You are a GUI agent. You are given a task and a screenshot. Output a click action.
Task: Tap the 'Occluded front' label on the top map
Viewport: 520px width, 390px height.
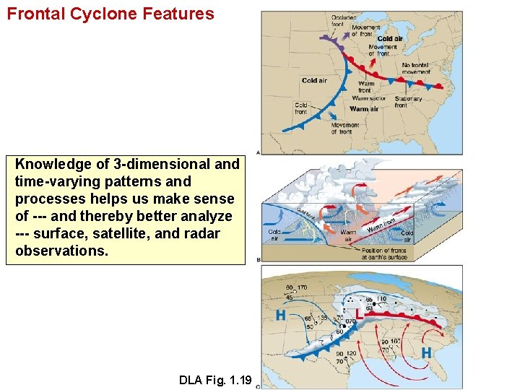(342, 21)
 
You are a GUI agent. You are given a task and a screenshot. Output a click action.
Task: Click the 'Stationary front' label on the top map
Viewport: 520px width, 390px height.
(408, 102)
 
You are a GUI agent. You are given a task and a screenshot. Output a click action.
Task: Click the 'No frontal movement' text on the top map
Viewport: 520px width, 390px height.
(415, 69)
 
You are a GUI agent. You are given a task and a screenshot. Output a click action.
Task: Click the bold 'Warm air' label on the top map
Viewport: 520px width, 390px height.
(364, 109)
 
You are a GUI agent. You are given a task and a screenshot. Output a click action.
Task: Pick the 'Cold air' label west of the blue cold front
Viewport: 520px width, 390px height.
(314, 81)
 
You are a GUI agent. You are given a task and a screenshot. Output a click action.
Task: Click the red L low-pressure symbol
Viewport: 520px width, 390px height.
(357, 315)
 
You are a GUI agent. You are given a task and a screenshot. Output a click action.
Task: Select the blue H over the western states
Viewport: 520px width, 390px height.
(282, 315)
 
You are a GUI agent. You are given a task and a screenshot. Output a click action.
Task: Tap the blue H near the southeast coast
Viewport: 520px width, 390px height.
(426, 352)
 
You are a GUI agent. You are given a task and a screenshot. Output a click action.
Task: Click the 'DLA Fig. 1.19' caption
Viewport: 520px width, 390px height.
(214, 380)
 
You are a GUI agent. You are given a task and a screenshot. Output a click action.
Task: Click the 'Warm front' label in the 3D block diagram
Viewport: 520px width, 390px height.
(381, 225)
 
